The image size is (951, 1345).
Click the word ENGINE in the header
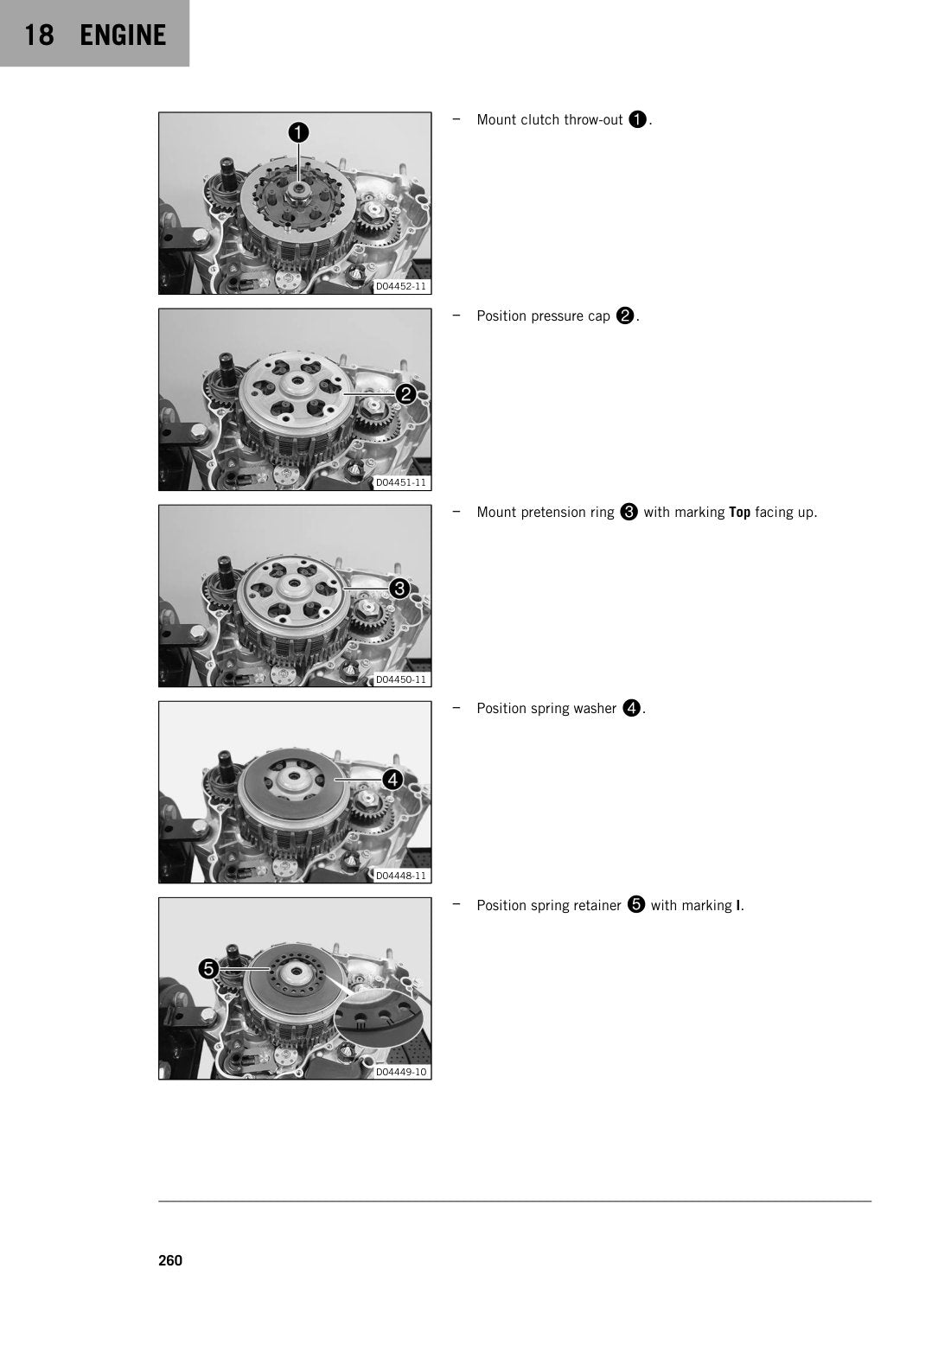click(123, 35)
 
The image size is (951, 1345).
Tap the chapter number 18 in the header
click(39, 35)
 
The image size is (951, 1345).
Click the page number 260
click(170, 1260)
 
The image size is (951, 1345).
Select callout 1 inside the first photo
click(298, 132)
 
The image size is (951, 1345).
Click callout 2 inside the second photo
click(405, 394)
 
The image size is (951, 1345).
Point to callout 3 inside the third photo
click(399, 589)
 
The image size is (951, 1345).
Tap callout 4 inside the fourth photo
click(393, 780)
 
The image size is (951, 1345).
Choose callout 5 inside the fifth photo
click(208, 968)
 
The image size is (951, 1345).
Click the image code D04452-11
click(400, 286)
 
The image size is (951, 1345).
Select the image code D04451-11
click(400, 482)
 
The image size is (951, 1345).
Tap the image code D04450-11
click(400, 679)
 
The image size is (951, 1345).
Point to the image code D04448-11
click(400, 876)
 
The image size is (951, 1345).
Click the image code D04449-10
click(400, 1072)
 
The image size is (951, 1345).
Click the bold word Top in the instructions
click(740, 513)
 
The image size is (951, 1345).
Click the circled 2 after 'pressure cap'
click(625, 316)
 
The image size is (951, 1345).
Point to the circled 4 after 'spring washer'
click(632, 709)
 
